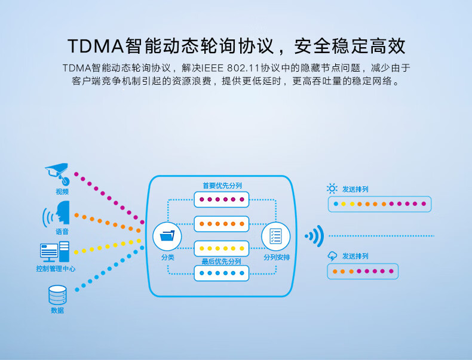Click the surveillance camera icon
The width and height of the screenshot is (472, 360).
click(58, 173)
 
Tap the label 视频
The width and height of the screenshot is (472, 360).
click(62, 192)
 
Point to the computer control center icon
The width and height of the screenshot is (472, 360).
click(54, 251)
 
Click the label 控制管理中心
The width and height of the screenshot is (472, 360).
click(56, 269)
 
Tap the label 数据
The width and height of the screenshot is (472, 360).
click(57, 310)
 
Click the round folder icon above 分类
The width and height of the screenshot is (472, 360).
click(167, 237)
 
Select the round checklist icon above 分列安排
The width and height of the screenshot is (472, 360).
click(275, 236)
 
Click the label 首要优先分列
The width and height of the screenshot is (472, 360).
click(222, 186)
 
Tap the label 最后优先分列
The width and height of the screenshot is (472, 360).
click(221, 261)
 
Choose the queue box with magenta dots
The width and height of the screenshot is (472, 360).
click(222, 199)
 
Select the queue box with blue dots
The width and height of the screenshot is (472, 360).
click(222, 273)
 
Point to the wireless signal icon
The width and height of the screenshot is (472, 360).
click(314, 236)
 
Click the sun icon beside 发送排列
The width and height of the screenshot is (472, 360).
click(332, 189)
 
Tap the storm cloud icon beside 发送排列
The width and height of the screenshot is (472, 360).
click(332, 256)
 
